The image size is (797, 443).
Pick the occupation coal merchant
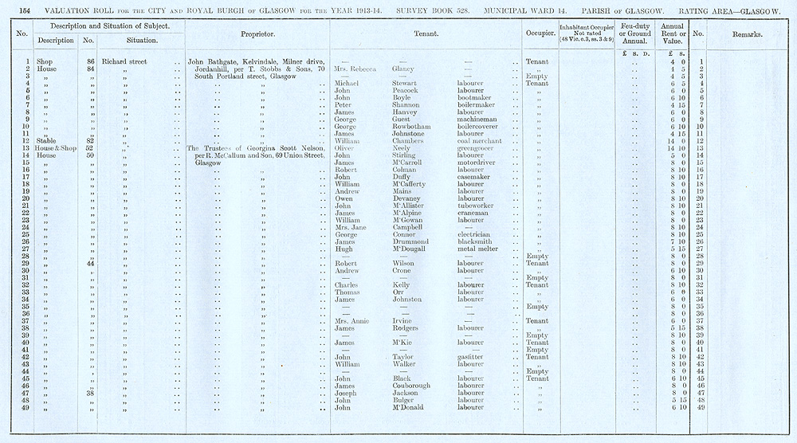[x=481, y=141]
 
